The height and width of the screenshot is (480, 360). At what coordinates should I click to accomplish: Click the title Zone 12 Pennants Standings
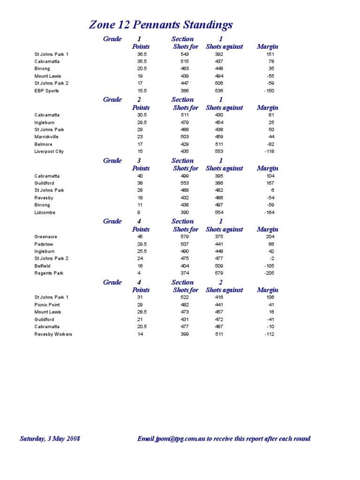tap(161, 25)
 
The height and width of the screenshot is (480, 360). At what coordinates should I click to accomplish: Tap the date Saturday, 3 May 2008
tap(50, 439)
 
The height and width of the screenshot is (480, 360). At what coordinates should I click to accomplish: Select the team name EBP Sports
tap(46, 90)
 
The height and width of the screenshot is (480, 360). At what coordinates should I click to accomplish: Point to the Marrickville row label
tap(47, 137)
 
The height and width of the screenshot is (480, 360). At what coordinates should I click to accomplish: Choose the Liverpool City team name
tap(49, 151)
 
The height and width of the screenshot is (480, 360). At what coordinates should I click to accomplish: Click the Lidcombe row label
tap(45, 212)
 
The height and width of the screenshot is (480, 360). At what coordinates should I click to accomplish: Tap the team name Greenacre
tap(45, 237)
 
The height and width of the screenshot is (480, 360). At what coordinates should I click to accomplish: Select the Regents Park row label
tap(49, 273)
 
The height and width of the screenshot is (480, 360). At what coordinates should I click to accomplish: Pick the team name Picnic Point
tap(47, 305)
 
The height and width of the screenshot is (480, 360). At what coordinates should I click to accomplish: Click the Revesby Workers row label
tap(53, 334)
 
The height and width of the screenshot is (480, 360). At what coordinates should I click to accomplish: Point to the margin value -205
tap(269, 273)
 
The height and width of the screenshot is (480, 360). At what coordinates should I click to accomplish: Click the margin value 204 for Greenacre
tap(270, 237)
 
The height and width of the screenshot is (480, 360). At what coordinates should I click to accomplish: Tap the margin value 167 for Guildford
tap(270, 183)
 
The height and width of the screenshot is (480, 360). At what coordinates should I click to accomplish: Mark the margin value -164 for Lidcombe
tap(269, 212)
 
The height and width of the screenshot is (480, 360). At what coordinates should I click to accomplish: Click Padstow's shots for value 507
tap(184, 244)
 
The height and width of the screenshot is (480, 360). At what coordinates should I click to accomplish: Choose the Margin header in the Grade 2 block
tap(268, 107)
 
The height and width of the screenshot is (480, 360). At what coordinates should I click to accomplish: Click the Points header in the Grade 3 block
tap(141, 168)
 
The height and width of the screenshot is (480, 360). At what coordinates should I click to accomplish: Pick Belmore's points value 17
tap(140, 144)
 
